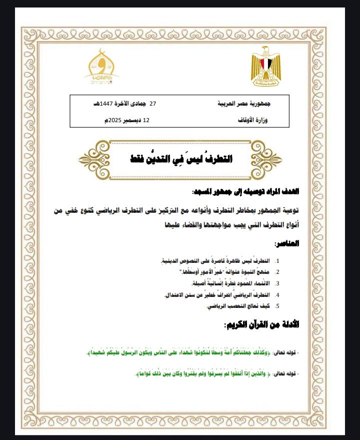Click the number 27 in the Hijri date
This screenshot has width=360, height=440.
tap(153, 104)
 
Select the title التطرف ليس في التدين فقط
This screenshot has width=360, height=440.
tap(181, 159)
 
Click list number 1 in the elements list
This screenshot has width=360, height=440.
tap(277, 261)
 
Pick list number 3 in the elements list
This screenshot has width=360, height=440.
tap(277, 283)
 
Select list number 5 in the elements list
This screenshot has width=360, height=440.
tap(277, 305)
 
